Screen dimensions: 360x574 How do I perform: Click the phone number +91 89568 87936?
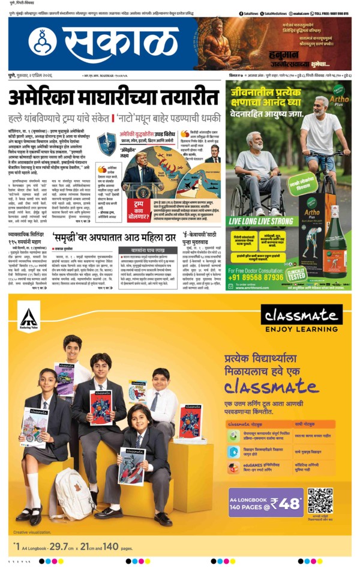coord(265,261)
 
